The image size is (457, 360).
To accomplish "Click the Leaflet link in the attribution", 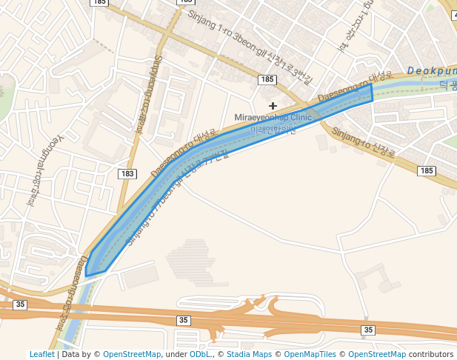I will tap(41, 355).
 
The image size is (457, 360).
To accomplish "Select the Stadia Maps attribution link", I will tap(251, 355).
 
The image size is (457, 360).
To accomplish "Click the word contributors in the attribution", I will tap(430, 355).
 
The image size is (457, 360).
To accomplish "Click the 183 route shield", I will tap(127, 173).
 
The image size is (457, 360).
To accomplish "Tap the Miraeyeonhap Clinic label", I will tap(273, 118).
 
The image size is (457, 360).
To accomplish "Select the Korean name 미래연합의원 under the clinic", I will tap(273, 130).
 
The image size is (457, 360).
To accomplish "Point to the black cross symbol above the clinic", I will tap(273, 106).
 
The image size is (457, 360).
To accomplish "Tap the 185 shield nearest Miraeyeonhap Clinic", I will tap(267, 79).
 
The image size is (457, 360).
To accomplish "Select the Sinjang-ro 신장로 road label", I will tap(364, 143).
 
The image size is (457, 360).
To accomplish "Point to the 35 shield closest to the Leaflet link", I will tap(20, 304).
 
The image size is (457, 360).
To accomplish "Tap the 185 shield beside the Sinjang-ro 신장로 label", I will tap(426, 170).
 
